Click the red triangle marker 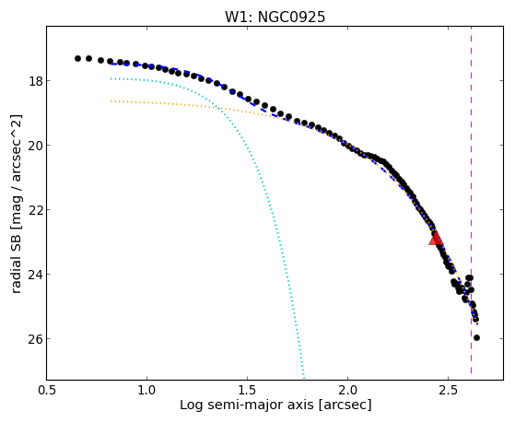click(436, 239)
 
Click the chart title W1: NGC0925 click(275, 17)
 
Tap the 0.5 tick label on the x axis click(47, 390)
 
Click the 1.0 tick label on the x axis click(146, 390)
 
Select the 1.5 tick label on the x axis click(247, 390)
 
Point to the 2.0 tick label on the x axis click(348, 390)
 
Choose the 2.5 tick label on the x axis click(449, 390)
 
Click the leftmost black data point click(77, 58)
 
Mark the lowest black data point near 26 click(476, 337)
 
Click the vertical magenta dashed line click(472, 200)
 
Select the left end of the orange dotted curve click(111, 101)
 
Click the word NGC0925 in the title click(292, 17)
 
